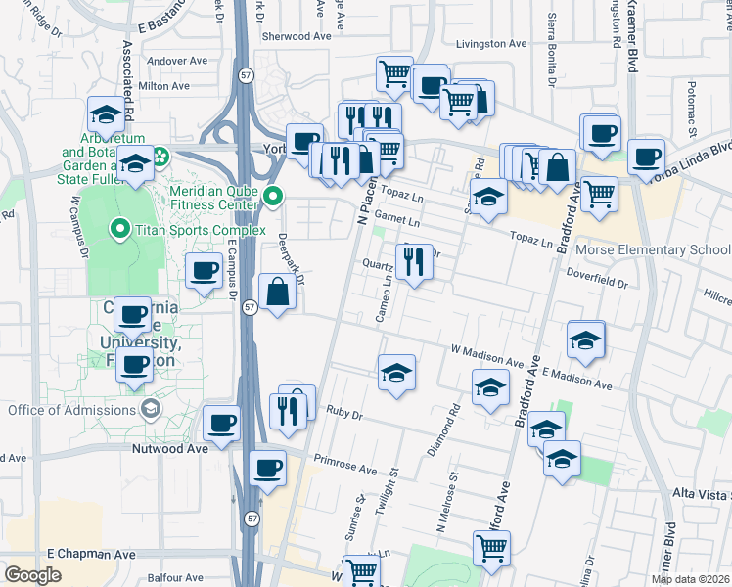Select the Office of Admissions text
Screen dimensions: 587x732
pos(72,409)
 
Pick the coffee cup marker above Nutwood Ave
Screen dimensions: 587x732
pos(222,424)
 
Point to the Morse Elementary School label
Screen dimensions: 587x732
pos(653,249)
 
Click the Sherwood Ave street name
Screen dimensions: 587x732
pos(296,36)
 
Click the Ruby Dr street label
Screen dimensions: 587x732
pos(344,414)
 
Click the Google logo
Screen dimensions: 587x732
pos(32,574)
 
